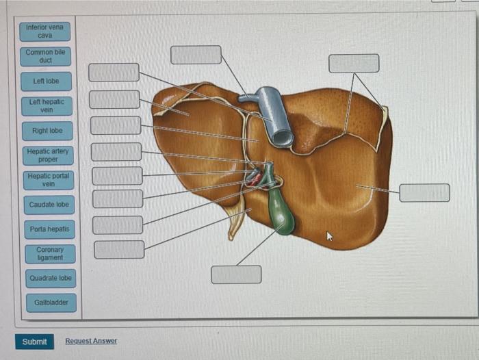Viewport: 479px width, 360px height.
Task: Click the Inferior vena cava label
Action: click(x=45, y=31)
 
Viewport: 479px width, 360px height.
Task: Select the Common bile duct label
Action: click(x=46, y=56)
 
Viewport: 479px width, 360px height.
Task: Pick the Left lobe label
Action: click(x=47, y=81)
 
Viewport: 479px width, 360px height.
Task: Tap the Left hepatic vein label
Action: click(x=47, y=105)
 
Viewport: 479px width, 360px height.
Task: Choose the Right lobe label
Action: click(x=47, y=130)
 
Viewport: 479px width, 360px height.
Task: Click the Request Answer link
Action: click(x=91, y=341)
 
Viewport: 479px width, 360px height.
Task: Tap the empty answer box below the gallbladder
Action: click(x=236, y=274)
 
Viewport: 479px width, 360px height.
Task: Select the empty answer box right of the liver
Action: click(x=424, y=193)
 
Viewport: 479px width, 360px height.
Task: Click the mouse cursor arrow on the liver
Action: click(x=329, y=236)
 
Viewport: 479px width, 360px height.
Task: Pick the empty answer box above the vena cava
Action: click(x=196, y=55)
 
